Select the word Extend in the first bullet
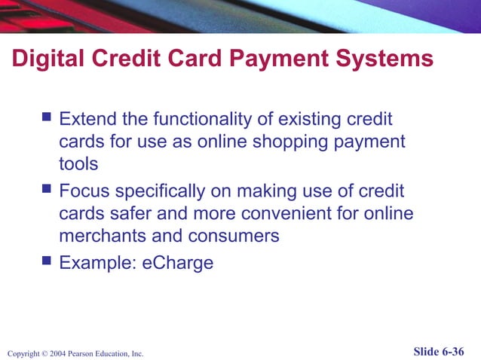pos(88,119)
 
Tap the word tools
pos(78,164)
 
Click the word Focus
pos(84,191)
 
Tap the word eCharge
pos(178,263)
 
